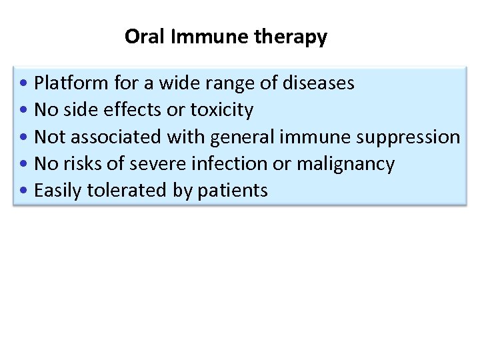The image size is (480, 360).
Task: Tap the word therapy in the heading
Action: (291, 37)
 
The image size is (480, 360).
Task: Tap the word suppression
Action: (408, 137)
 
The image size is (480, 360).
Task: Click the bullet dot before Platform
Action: (24, 84)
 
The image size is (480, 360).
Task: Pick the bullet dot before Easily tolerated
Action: (24, 191)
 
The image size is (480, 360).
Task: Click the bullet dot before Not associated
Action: (24, 137)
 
